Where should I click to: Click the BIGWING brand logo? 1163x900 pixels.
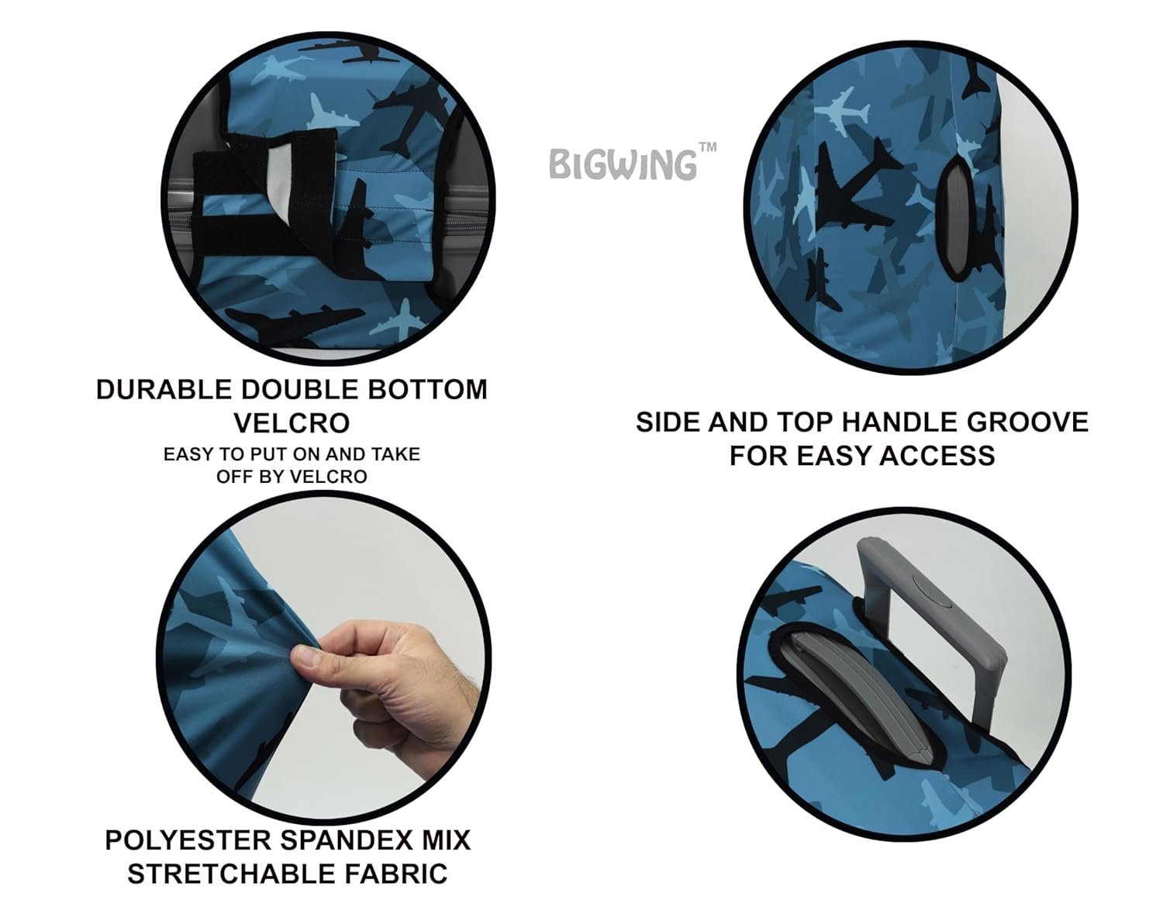[632, 161]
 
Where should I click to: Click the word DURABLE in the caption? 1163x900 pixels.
[164, 390]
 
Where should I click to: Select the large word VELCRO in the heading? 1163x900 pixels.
[292, 423]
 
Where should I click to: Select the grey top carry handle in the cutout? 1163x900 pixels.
[856, 696]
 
